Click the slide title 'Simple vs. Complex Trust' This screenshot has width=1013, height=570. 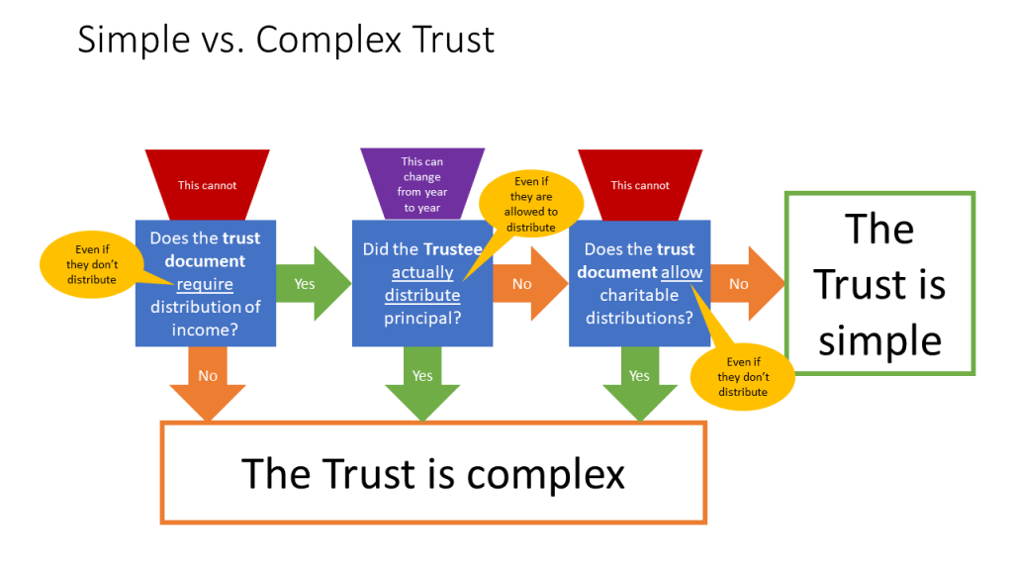[286, 40]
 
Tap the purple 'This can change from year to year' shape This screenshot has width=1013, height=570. [422, 184]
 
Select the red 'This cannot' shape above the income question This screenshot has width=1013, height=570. [207, 184]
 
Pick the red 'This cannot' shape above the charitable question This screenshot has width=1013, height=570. [640, 184]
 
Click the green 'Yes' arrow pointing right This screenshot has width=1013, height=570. [309, 284]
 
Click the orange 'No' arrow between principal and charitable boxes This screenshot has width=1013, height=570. [525, 284]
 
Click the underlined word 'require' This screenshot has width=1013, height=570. [205, 284]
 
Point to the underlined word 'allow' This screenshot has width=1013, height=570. [683, 272]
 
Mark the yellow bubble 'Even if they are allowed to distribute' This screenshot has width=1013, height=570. [531, 204]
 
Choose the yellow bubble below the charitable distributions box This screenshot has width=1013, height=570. [743, 377]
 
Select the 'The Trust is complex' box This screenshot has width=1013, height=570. [433, 473]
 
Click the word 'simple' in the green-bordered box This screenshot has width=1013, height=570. [879, 340]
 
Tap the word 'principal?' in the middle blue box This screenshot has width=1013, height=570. [422, 318]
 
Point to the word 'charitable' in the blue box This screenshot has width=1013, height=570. [639, 295]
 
